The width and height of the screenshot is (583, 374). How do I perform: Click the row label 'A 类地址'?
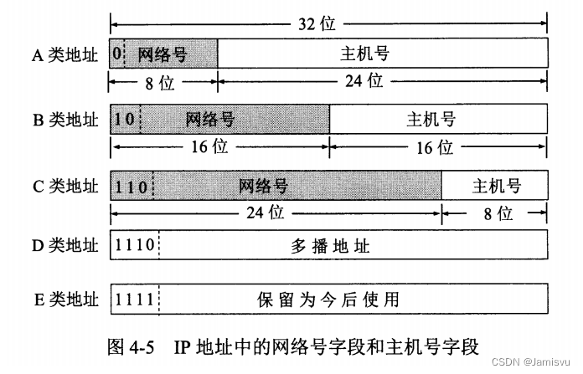pos(64,55)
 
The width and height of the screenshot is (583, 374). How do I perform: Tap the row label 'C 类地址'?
pos(64,186)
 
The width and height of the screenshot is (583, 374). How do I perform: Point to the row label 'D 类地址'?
pos(64,248)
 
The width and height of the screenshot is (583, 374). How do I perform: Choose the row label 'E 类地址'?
pos(64,298)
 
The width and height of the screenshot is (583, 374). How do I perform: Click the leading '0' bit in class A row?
pos(116,54)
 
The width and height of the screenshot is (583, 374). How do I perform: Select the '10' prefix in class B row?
pos(125,120)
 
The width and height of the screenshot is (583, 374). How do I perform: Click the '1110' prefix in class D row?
pos(134,248)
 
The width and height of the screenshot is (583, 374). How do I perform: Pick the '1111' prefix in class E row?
pos(134,298)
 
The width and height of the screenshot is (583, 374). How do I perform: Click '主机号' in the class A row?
pos(365,54)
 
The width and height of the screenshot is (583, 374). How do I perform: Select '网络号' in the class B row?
pos(210,120)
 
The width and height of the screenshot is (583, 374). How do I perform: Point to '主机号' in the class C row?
pos(497,185)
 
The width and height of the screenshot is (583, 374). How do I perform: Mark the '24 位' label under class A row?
pos(364,81)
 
